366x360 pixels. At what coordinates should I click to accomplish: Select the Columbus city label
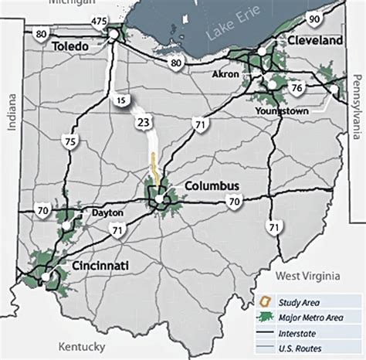click(212, 186)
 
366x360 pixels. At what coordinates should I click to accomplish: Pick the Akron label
click(228, 75)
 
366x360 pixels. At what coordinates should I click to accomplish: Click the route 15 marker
click(120, 100)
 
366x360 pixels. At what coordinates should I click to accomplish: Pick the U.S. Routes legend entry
click(309, 348)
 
